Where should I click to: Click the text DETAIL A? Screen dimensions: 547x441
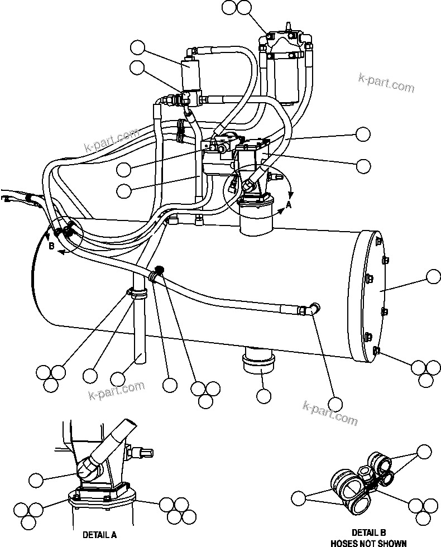pyautogui.click(x=99, y=534)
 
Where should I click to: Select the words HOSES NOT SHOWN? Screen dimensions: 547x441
pyautogui.click(x=368, y=543)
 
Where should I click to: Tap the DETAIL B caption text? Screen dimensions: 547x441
pyautogui.click(x=368, y=532)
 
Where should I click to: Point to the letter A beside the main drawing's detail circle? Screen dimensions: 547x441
pyautogui.click(x=289, y=205)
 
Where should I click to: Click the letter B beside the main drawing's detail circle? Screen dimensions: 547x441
pyautogui.click(x=51, y=246)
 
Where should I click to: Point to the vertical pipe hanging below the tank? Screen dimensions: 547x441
pyautogui.click(x=139, y=329)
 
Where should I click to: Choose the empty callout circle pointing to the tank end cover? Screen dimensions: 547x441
pyautogui.click(x=433, y=277)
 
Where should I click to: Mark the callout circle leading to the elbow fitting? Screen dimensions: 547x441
pyautogui.click(x=335, y=404)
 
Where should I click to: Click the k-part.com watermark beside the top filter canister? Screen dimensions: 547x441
pyautogui.click(x=386, y=85)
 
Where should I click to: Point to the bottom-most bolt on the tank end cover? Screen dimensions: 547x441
pyautogui.click(x=376, y=351)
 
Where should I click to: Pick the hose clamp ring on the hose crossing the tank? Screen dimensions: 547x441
pyautogui.click(x=156, y=272)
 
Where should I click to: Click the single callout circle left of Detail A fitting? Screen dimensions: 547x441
pyautogui.click(x=36, y=479)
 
